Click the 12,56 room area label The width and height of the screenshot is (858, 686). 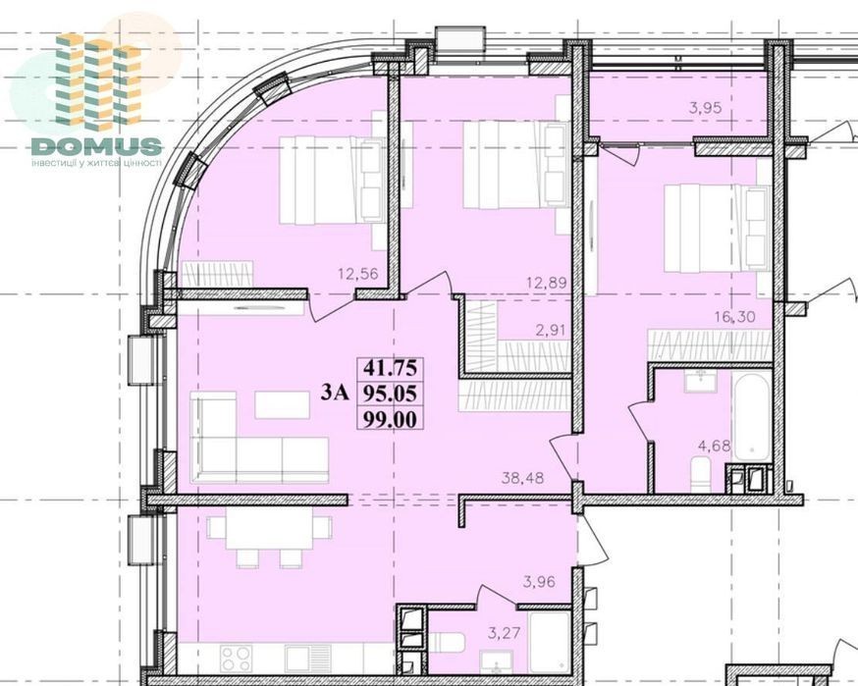point(359,274)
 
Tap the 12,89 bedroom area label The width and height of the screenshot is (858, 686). point(546,284)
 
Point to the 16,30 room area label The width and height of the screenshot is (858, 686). point(735,316)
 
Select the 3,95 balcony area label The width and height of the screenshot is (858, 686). point(705,108)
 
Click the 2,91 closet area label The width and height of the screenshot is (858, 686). point(550,330)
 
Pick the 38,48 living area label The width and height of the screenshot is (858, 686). point(523,478)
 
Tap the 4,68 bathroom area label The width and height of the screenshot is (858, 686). point(714,446)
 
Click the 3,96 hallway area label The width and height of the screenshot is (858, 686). point(539,582)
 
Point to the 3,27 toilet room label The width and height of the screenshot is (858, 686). point(504,633)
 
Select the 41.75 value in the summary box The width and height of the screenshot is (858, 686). point(391,368)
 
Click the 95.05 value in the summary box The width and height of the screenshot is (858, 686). point(391,393)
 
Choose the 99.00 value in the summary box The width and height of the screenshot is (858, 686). point(391,419)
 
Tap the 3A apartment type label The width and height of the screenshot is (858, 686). point(335,393)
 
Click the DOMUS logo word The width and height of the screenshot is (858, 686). point(96,146)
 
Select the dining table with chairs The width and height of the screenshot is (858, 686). point(261,539)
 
